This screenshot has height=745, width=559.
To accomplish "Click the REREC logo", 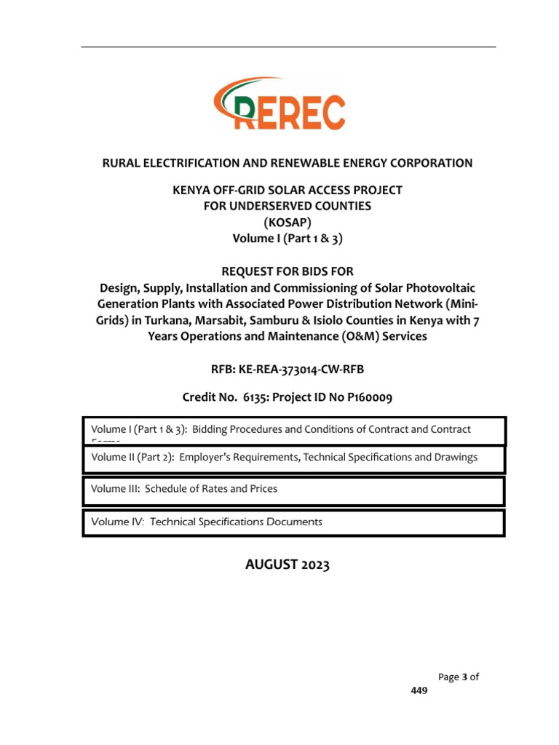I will (279, 105).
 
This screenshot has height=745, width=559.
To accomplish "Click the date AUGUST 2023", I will (287, 565).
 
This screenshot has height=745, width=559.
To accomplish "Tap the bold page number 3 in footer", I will (464, 677).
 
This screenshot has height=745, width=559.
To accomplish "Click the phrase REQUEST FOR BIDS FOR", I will (288, 271).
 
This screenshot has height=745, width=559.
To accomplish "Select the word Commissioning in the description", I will (314, 288).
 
